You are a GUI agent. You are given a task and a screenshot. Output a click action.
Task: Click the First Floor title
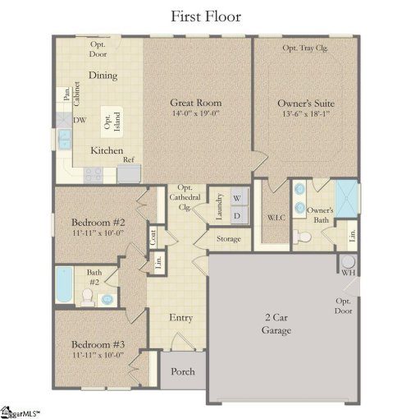pos(206,16)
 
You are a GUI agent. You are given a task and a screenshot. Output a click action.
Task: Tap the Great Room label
pos(196,103)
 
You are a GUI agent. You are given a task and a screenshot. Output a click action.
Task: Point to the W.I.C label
pos(275,218)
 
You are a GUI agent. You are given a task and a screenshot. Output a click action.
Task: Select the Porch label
pos(182,372)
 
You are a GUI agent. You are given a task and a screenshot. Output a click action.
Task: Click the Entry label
pos(180,318)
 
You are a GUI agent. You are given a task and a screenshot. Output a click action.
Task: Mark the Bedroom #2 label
pos(97,223)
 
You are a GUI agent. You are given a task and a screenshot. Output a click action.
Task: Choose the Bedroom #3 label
pos(97,344)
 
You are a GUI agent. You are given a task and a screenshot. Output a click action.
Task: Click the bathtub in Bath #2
pos(64,289)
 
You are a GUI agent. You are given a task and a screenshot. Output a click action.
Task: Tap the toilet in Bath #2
pos(87,295)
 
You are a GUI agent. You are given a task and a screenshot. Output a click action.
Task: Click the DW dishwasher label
pos(80,121)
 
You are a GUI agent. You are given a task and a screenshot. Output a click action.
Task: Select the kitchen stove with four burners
pos(92,174)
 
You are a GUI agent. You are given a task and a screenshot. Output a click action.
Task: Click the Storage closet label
pos(229,239)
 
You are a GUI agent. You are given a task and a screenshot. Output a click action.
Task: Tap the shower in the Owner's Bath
pos(348,199)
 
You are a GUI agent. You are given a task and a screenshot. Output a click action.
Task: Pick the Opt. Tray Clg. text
pos(306,48)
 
